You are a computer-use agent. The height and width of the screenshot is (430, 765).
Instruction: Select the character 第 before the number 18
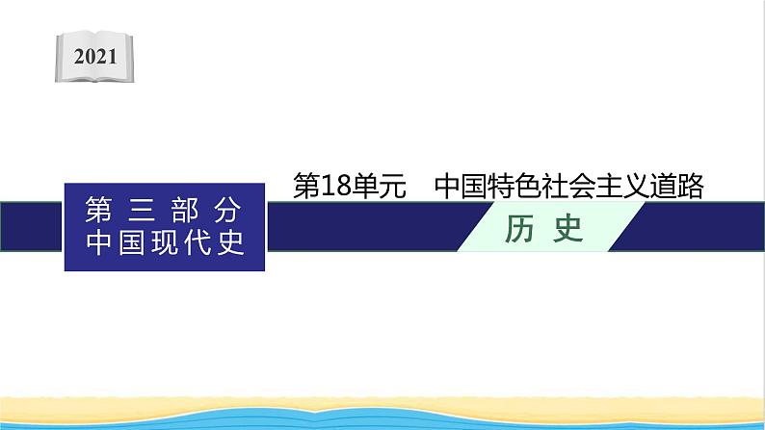point(307,187)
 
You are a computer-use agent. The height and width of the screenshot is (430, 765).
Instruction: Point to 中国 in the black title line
point(464,187)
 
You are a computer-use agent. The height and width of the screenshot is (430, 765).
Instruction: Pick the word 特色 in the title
point(524,187)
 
